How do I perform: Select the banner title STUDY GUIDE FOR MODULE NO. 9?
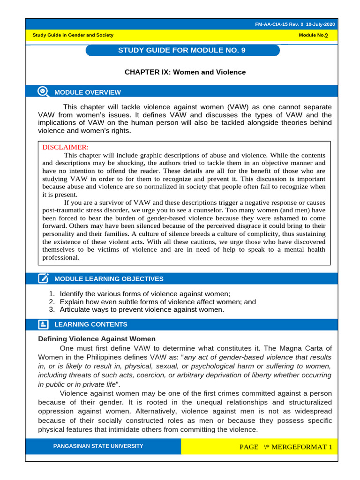pos(182,50)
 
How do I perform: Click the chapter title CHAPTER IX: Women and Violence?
pos(185,72)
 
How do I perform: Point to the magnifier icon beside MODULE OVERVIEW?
pos(43,92)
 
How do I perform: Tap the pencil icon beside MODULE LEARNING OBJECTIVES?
pos(43,279)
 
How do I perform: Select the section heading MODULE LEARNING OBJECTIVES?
pos(109,279)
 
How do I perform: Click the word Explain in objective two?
pos(72,302)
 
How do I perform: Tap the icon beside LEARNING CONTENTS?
pos(43,324)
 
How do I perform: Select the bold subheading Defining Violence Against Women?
pos(97,339)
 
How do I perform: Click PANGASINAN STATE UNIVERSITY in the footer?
pos(98,446)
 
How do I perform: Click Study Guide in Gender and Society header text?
pos(73,36)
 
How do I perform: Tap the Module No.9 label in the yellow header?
pos(313,36)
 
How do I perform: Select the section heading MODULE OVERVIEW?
pos(87,92)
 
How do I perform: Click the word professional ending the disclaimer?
pos(60,257)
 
